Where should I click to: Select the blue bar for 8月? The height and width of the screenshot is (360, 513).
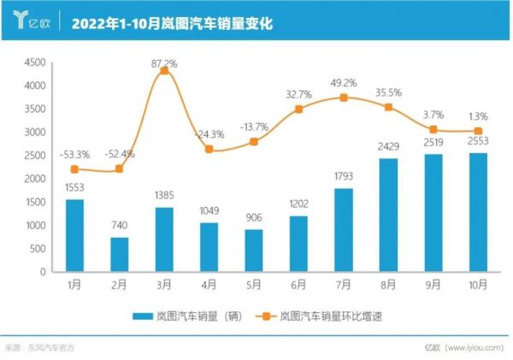click(x=388, y=215)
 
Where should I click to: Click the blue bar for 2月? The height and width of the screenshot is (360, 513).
click(x=119, y=254)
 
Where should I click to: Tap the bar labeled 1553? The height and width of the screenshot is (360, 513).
click(x=74, y=235)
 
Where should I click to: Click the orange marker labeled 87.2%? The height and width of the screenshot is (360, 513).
click(x=164, y=71)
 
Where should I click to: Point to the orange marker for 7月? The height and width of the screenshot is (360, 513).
click(x=344, y=97)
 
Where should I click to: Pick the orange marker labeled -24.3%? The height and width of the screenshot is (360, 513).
click(x=209, y=149)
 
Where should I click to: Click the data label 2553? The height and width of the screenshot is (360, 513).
click(x=477, y=143)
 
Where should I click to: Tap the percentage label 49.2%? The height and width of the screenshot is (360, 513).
click(x=344, y=83)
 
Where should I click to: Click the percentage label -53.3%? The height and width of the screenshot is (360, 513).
click(x=75, y=154)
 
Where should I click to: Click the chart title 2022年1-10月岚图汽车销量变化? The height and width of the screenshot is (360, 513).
click(x=171, y=24)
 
